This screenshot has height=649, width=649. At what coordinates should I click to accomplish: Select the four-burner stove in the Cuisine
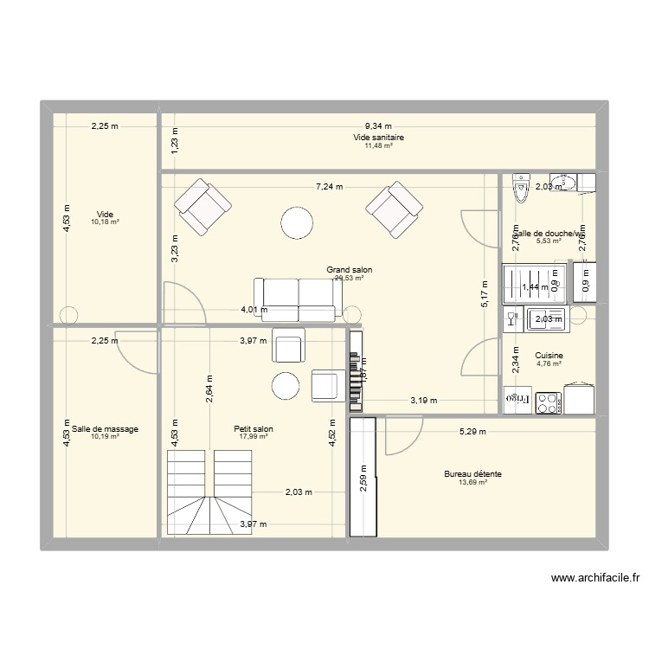pos(547,402)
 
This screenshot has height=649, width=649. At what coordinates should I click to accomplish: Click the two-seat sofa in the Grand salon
pos(294,299)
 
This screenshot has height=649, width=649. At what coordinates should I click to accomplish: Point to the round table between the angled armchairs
pos(296,223)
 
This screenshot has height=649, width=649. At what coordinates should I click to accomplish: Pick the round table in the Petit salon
pos(286,386)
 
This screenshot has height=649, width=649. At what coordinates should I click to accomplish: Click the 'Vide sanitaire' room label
pos(379,138)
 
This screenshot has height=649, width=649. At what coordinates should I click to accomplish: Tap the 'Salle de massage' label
pos(106,428)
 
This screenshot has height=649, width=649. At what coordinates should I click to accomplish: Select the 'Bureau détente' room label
pos(473,474)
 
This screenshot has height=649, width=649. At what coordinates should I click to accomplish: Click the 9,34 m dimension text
pos(377,125)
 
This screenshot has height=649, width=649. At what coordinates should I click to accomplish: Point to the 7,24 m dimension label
pos(329,186)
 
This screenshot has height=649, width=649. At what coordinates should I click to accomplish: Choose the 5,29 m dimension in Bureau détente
pos(472,430)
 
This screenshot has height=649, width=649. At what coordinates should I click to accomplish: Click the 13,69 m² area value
pos(473,483)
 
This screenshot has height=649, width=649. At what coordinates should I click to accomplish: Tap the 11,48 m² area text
pos(379,146)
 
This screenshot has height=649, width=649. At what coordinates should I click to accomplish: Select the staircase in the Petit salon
pos(209,493)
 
